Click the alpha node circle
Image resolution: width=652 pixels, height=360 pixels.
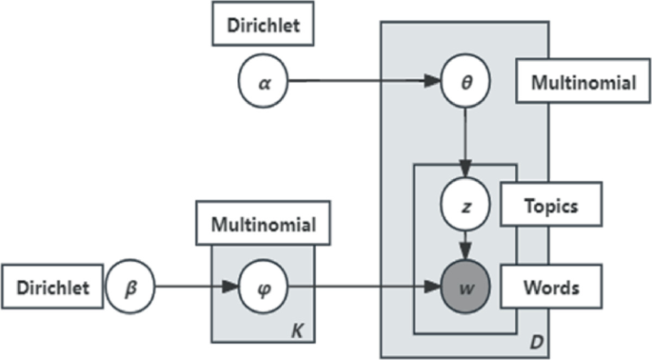(x=263, y=82)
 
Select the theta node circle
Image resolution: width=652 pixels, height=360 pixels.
(x=464, y=82)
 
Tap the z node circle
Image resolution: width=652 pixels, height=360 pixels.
(x=464, y=206)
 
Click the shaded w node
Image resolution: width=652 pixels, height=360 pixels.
(x=464, y=284)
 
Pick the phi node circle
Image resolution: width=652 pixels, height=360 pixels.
(x=263, y=284)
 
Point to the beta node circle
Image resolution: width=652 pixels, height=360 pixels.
(x=130, y=284)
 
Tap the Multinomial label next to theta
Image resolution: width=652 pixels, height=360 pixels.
(x=577, y=83)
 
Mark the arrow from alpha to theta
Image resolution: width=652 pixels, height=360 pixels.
(x=362, y=82)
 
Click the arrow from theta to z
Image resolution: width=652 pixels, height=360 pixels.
(x=464, y=143)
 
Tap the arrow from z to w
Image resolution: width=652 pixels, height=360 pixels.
(x=464, y=244)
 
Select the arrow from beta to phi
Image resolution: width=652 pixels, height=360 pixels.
(x=195, y=284)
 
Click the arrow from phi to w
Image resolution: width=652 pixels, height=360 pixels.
(x=362, y=284)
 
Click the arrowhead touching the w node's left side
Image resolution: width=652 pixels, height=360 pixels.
(x=434, y=284)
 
